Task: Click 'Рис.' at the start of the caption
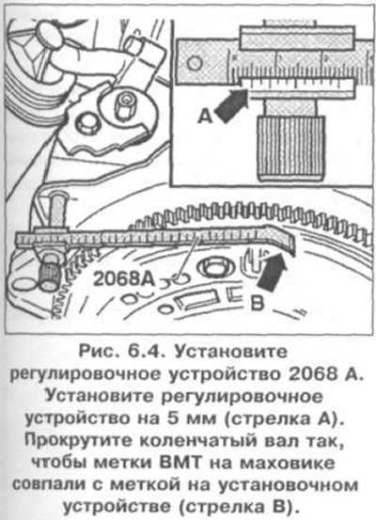click(100, 352)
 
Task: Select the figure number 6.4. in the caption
click(144, 352)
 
